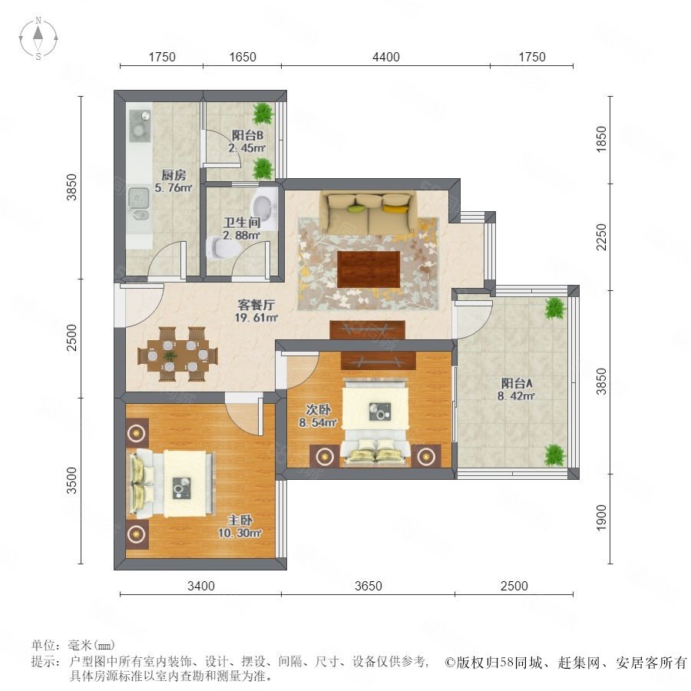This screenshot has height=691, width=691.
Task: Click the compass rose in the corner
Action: click(38, 38)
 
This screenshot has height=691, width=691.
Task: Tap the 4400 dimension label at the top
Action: click(386, 57)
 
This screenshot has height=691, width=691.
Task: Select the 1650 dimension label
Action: click(243, 57)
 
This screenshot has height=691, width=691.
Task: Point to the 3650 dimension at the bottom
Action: click(369, 586)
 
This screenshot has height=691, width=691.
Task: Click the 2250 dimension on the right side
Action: click(601, 237)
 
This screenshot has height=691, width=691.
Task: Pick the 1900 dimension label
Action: click(601, 518)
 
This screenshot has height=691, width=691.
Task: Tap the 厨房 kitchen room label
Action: click(174, 175)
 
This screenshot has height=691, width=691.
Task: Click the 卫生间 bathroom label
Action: click(242, 223)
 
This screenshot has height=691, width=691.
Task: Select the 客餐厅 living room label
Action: click(256, 305)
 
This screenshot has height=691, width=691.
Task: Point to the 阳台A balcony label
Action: click(516, 383)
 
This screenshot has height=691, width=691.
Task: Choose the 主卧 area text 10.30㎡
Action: click(240, 533)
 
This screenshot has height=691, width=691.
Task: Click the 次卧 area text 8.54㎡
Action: click(318, 422)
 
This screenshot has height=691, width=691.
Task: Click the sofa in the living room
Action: click(369, 213)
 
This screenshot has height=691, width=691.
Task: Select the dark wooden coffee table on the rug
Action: click(369, 269)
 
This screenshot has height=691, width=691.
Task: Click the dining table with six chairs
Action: click(177, 354)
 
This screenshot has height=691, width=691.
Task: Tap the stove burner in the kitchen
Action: click(139, 126)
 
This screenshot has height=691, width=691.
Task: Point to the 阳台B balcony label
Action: click(247, 135)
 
